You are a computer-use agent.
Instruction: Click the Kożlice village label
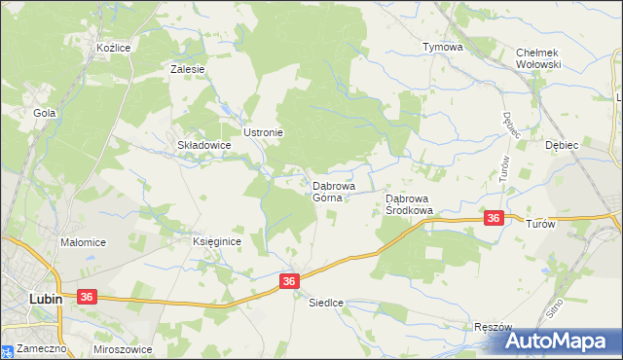(113, 48)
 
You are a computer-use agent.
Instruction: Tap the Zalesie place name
(187, 70)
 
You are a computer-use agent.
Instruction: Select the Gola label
(43, 113)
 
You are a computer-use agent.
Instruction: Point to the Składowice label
(203, 145)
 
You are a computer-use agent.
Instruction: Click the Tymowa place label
(442, 47)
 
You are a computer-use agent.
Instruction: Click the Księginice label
(216, 241)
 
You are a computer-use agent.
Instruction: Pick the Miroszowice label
(126, 348)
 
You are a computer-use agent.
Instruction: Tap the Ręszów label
(493, 328)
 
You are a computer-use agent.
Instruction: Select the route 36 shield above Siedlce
(289, 280)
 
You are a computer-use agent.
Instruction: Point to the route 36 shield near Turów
(494, 219)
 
